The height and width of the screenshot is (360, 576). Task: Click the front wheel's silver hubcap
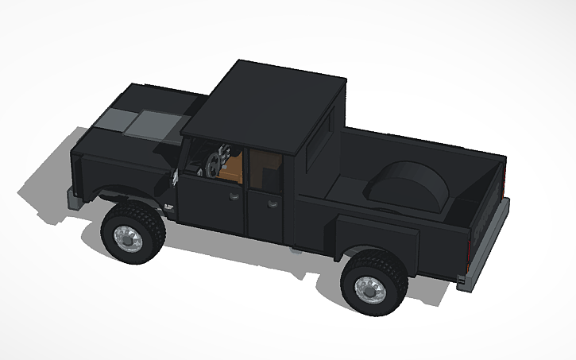(x=126, y=237)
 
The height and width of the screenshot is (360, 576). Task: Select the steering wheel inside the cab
(x=213, y=163)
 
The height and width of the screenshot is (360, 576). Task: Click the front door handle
(x=235, y=194)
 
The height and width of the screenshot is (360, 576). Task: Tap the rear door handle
(x=273, y=203)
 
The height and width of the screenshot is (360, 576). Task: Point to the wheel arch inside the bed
(x=406, y=188)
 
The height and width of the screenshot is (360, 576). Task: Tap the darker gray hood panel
(x=116, y=120)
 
